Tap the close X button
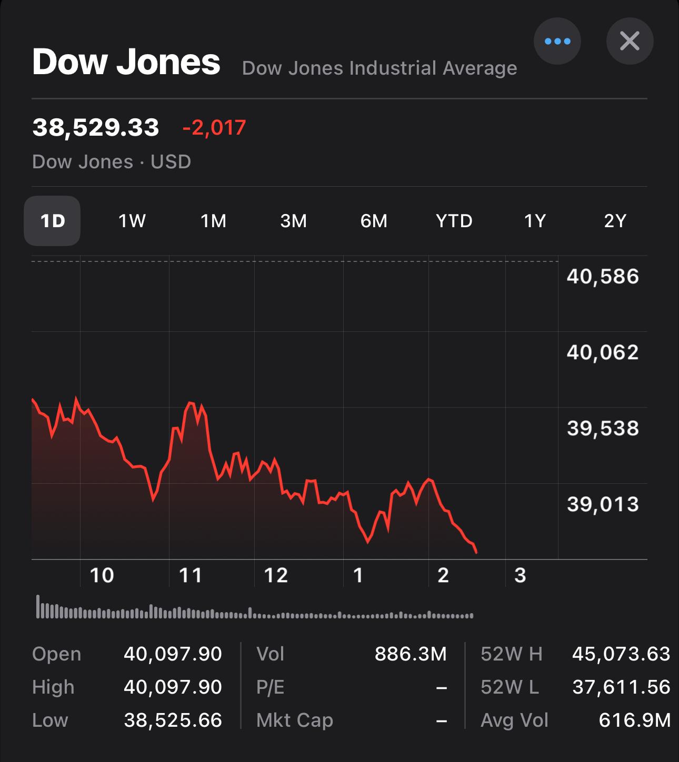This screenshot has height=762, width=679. tap(630, 41)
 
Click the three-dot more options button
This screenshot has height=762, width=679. tap(557, 41)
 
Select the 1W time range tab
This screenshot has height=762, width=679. tap(132, 221)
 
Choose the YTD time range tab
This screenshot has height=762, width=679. tap(454, 221)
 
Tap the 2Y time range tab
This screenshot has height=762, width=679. tap(615, 221)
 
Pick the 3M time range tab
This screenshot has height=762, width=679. tap(293, 221)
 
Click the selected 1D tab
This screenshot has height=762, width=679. tap(52, 221)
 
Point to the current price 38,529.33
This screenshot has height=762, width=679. tap(96, 128)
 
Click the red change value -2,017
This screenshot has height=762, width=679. tap(214, 128)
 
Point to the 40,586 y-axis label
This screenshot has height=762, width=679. tap(603, 277)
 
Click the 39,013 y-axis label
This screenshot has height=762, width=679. tap(603, 505)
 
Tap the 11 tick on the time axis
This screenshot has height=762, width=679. tap(191, 575)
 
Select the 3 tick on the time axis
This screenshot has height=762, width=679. tap(520, 575)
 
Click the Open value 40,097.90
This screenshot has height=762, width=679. tap(173, 654)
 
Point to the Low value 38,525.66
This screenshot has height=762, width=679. tap(173, 720)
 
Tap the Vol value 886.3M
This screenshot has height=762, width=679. tap(411, 654)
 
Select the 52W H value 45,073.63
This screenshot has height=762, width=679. tap(621, 654)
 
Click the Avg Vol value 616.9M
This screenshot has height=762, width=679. tap(634, 720)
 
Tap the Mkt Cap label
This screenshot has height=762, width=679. tap(295, 720)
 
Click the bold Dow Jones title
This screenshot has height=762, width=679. tap(126, 62)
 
